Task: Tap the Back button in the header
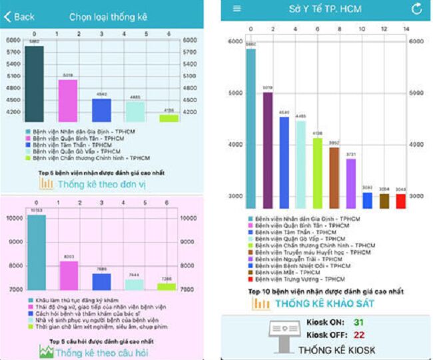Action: point(20,16)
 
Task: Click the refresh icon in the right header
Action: point(416,9)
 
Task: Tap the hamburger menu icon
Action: point(236,9)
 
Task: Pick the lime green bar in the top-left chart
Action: point(169,118)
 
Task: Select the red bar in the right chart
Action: point(400,201)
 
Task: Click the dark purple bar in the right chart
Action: point(267,151)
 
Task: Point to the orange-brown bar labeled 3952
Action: point(334,177)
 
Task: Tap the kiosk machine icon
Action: point(283,335)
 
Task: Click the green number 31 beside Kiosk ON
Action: point(358,323)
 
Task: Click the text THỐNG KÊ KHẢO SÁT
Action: point(326,304)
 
